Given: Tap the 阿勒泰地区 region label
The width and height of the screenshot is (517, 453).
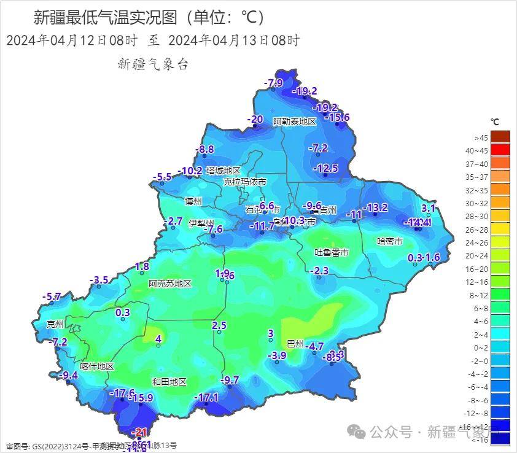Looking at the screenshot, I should point(295,122).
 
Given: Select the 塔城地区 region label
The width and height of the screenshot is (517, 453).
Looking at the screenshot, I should point(223,171).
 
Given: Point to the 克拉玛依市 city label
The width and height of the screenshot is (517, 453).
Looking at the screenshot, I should point(245,182).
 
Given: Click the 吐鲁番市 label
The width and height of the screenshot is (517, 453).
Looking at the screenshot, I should point(332,252).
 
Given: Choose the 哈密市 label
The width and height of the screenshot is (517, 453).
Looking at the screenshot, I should point(389,241).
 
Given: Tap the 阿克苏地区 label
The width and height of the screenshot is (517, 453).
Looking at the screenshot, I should point(170,284).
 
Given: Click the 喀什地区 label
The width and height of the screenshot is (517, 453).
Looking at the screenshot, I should point(97,366).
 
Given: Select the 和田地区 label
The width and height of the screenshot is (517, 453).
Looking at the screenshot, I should point(169,382).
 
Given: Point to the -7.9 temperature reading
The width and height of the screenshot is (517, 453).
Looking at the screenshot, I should point(273,83).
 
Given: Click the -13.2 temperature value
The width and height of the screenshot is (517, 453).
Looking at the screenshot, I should point(375,207).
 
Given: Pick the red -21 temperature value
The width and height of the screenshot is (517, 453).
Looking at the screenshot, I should point(141,432).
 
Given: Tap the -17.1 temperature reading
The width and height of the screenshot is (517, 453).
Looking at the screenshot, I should point(206,398).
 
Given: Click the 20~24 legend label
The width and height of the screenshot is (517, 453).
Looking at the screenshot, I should point(476,256).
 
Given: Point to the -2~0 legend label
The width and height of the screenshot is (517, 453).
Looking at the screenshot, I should point(476,362).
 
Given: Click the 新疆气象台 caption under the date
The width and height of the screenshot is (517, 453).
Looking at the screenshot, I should point(152,64).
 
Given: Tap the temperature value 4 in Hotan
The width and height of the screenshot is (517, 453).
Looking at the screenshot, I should point(158,339).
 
